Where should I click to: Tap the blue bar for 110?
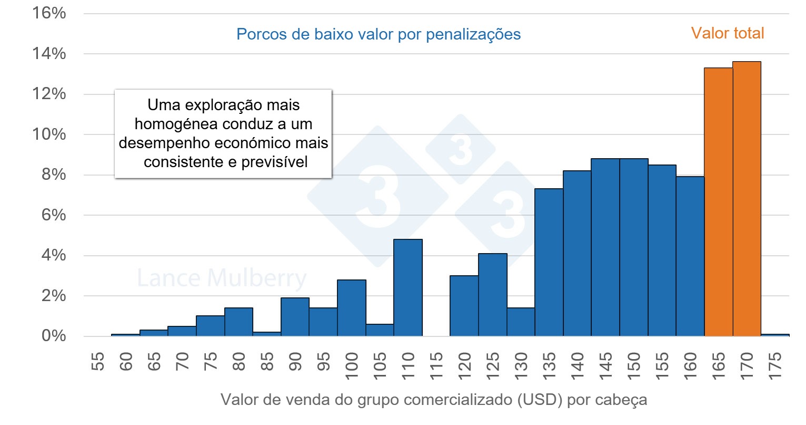(408, 288)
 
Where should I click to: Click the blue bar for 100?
(352, 308)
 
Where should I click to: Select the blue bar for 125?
(493, 295)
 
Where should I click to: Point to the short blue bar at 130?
(521, 322)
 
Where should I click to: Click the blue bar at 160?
(690, 256)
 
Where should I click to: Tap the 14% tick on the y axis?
(49, 53)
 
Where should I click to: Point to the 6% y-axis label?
(54, 215)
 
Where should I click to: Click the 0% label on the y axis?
(54, 336)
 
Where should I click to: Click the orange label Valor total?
(727, 33)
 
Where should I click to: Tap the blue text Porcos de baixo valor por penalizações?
(378, 34)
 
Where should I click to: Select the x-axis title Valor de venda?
(433, 400)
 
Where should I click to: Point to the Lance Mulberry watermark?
(221, 278)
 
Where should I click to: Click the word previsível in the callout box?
(274, 162)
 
